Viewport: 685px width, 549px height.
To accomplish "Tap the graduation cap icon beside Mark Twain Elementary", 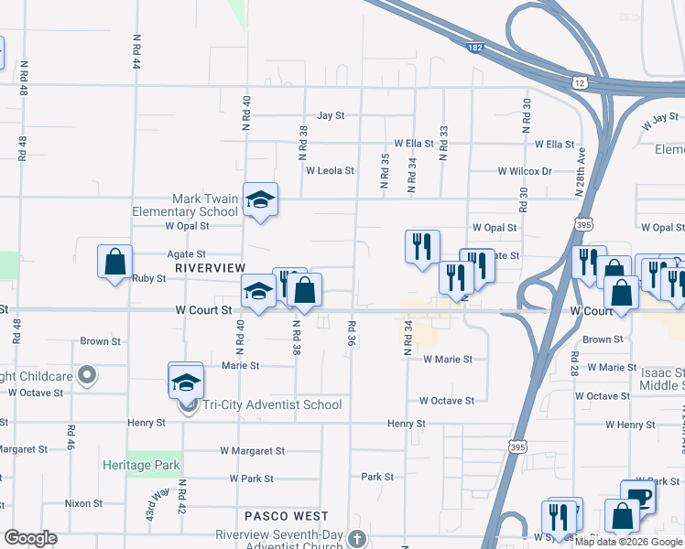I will click(x=260, y=200).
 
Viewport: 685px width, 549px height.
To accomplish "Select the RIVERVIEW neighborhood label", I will click(x=211, y=267).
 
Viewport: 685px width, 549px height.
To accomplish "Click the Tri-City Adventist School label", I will click(x=273, y=404).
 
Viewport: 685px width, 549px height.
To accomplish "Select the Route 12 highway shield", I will click(x=581, y=83).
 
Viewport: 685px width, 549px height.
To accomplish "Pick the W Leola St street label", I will click(x=330, y=170).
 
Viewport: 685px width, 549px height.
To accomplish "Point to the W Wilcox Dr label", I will click(x=525, y=171).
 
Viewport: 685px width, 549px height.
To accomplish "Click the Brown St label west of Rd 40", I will click(x=101, y=341).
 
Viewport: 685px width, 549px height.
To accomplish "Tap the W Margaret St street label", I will click(x=253, y=451).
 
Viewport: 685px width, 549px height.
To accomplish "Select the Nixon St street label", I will click(x=83, y=503).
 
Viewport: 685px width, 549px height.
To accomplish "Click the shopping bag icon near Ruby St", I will click(x=115, y=263).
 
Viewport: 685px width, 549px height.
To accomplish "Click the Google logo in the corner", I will click(x=30, y=538).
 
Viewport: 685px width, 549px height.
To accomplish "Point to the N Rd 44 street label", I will click(x=136, y=53).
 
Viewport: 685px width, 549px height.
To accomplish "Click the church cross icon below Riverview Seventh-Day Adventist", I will click(x=357, y=539).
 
